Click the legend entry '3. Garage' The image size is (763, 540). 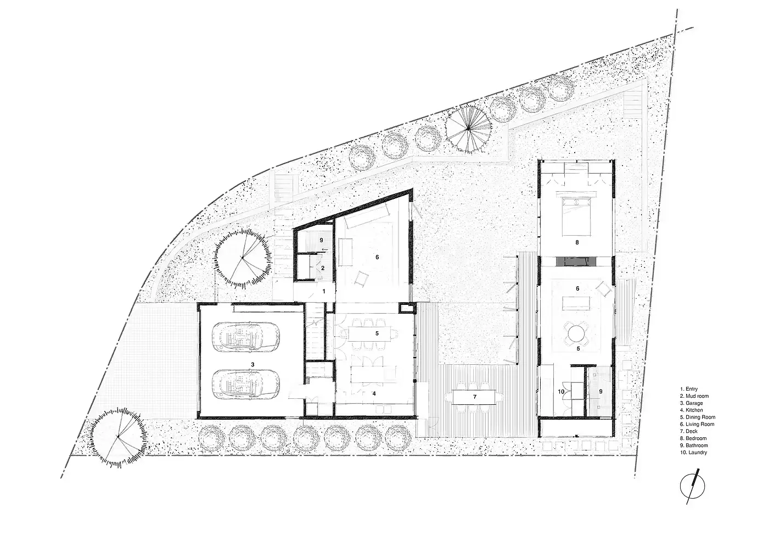pos(691,403)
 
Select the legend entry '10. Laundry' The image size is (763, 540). pos(693,453)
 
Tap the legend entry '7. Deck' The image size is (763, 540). pos(689,431)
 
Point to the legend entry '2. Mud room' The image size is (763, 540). pos(694,396)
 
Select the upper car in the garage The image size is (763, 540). pos(246,336)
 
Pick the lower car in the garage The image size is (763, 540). pos(246,384)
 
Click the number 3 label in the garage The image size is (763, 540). pos(253,364)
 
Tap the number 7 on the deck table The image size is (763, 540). pos(474,397)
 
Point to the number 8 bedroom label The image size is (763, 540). pos(577,242)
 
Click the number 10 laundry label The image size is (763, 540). pos(561,392)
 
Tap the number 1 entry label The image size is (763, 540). pos(324,292)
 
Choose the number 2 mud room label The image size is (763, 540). pos(323,268)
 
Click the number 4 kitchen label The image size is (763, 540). pos(374,393)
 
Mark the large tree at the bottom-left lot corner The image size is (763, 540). pos(118,437)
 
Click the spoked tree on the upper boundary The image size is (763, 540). pos(469,129)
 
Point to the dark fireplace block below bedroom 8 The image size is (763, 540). pos(576,261)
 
